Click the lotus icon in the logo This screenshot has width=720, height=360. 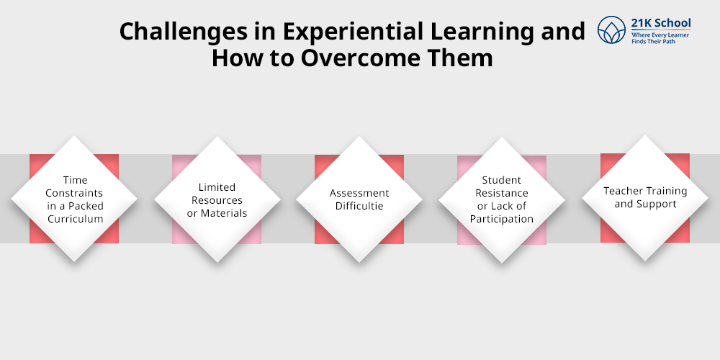(x=612, y=30)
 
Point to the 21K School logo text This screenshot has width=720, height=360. (x=660, y=23)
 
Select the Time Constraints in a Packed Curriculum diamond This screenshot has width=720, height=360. (x=74, y=198)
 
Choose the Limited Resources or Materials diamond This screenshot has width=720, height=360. (x=217, y=199)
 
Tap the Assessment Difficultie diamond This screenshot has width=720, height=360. (x=359, y=199)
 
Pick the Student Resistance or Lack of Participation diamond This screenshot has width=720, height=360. (x=502, y=199)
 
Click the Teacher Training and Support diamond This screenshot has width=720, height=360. (x=645, y=197)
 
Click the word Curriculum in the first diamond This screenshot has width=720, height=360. (x=74, y=219)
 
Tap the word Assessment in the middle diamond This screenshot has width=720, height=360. (x=359, y=193)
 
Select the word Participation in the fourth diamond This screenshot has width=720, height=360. (x=502, y=219)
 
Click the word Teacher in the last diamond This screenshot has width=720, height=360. (x=621, y=191)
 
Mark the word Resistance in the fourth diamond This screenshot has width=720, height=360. (x=502, y=193)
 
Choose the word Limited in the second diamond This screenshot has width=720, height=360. (x=217, y=187)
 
